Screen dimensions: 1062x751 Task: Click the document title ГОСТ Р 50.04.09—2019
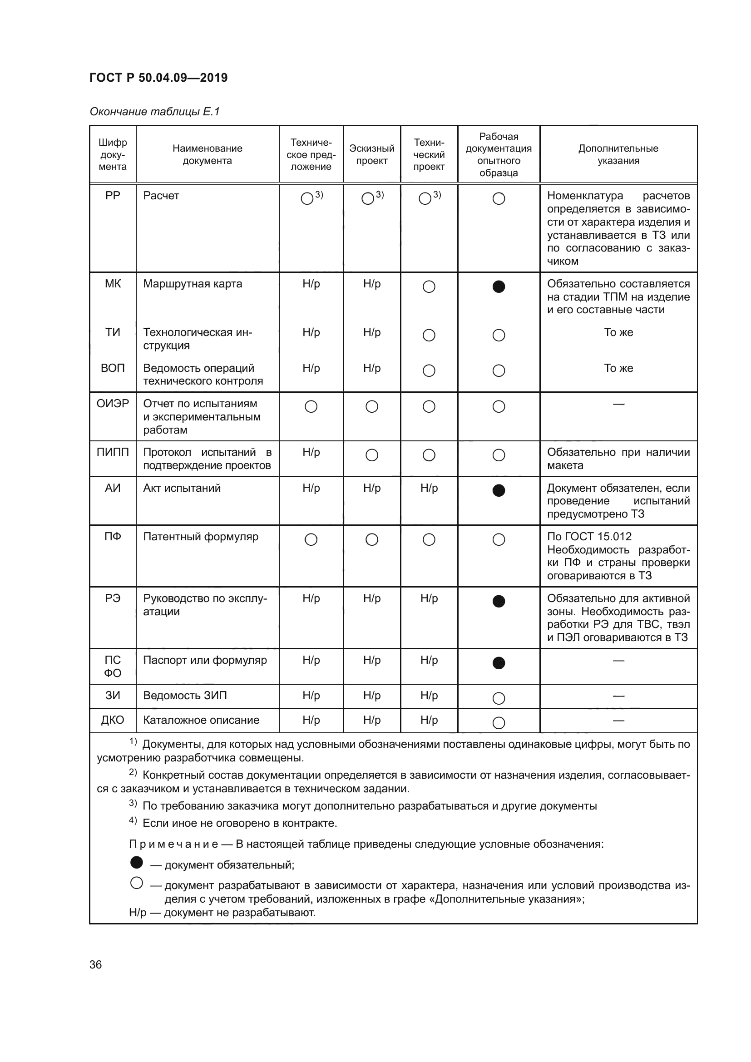158,78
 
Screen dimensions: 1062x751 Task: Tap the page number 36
95,964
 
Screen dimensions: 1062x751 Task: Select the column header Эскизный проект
371,154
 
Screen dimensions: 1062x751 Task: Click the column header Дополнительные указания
618,154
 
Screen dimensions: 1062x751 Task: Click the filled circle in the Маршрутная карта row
499,287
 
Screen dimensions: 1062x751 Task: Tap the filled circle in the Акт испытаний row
499,490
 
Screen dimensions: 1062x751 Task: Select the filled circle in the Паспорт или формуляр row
499,663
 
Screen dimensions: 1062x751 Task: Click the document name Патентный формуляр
200,537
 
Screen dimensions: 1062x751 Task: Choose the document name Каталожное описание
201,720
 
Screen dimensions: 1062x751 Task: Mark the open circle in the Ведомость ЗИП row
499,698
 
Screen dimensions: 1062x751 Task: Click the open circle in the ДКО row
499,722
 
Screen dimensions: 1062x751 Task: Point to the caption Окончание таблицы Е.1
154,112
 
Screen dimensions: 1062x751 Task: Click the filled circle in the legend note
136,862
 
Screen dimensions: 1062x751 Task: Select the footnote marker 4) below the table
133,820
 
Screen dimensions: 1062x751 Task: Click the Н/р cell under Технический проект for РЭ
429,598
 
